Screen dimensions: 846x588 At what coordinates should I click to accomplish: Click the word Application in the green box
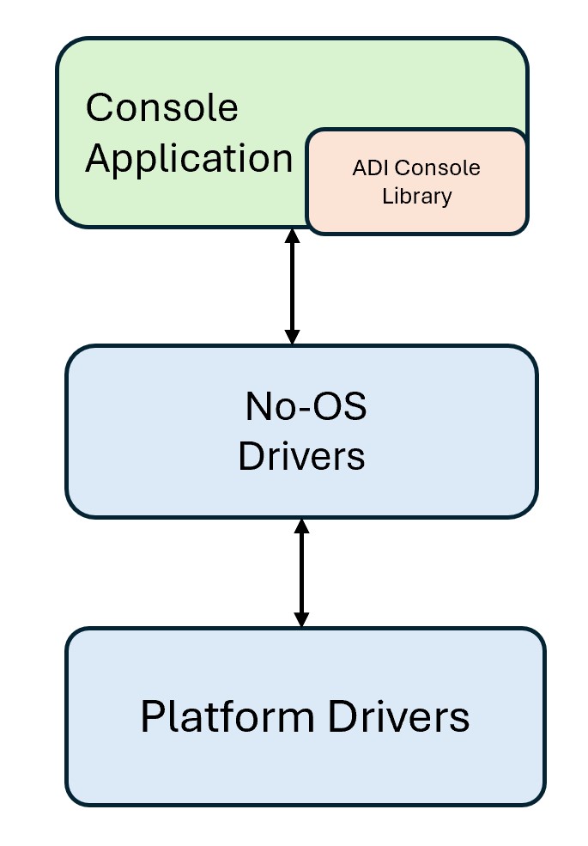(x=189, y=160)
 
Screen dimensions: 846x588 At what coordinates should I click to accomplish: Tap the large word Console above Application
(x=161, y=108)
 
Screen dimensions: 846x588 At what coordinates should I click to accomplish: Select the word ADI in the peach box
(x=367, y=168)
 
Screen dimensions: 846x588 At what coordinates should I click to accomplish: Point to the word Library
(x=416, y=196)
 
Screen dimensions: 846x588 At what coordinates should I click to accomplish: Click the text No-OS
(x=306, y=407)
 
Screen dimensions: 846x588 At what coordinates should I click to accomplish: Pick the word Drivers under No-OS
(x=301, y=457)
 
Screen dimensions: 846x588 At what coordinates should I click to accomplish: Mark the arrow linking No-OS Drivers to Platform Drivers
(x=301, y=573)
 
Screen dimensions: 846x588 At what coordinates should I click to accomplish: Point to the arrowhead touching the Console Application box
(x=292, y=236)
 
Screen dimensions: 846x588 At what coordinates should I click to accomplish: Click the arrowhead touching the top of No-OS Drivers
(x=292, y=337)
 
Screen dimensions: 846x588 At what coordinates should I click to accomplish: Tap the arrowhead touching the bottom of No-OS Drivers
(x=301, y=526)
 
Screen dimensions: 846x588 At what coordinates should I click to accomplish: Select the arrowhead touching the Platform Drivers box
(x=301, y=619)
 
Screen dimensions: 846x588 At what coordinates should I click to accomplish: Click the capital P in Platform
(x=151, y=717)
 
